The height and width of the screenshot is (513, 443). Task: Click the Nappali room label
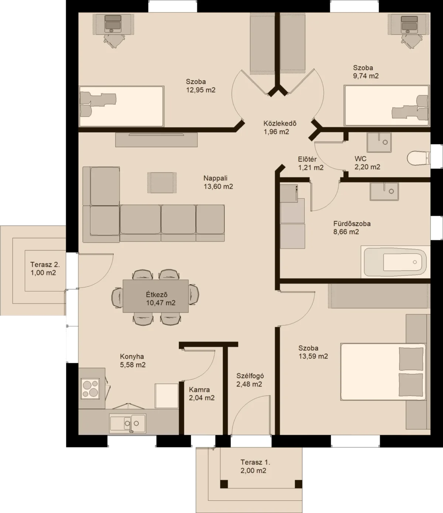point(215,178)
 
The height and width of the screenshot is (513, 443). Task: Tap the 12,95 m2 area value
point(201,90)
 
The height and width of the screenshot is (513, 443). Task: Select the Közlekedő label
point(280,123)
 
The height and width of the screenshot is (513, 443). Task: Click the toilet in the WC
point(419,158)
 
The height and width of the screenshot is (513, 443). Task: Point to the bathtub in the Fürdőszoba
point(395,262)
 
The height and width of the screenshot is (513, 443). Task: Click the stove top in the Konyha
point(90,389)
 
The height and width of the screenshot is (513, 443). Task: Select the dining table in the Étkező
point(155,296)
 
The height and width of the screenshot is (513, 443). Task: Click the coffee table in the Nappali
point(162,183)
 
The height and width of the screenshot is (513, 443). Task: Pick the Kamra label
point(199,389)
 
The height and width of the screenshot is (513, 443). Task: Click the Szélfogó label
point(250,376)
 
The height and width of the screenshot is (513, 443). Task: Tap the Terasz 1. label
point(255,462)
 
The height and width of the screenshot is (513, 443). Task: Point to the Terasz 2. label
point(45,264)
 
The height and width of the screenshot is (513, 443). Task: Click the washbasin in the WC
point(379,143)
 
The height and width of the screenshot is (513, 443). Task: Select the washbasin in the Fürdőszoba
point(384,192)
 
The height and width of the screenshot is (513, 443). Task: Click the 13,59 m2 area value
point(313,356)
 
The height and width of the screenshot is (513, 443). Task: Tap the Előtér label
point(307,159)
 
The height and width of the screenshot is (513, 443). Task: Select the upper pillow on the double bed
point(411,359)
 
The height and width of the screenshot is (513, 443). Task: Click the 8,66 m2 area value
point(346,232)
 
